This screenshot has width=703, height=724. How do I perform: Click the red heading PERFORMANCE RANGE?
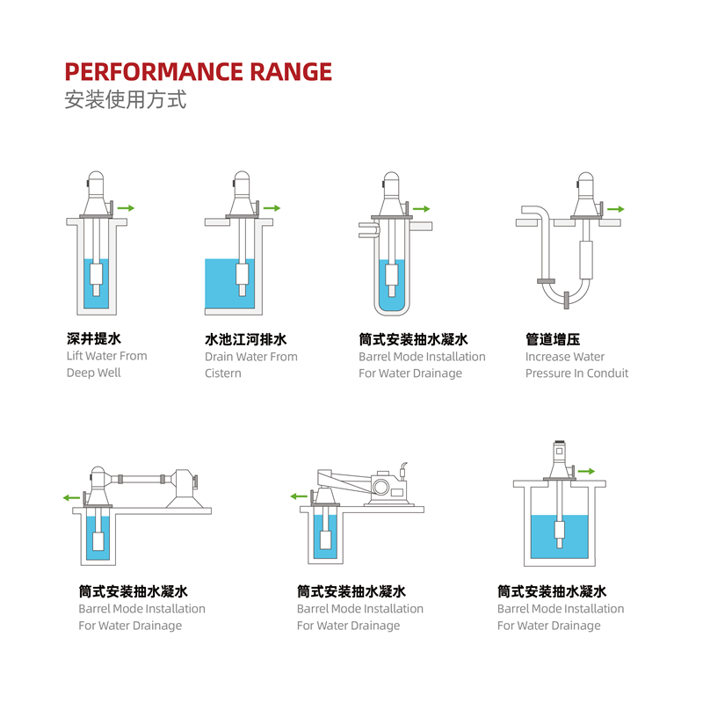coord(198,71)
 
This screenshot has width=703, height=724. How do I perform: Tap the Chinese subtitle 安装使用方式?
coord(125,100)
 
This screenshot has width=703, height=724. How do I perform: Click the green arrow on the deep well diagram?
coord(126,208)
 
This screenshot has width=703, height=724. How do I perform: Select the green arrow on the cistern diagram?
coord(272,208)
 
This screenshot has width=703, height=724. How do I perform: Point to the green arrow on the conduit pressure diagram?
coord(616,209)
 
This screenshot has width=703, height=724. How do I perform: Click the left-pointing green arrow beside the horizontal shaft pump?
coord(71,497)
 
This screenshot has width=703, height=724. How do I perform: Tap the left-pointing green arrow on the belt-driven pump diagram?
coord(299,496)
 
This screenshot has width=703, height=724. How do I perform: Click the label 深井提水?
coord(94,338)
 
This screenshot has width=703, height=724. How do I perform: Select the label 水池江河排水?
coord(246,339)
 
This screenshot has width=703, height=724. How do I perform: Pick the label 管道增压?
coord(553,339)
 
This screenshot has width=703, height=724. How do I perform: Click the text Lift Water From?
coord(106,356)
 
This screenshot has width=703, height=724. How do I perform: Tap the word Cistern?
coord(223,373)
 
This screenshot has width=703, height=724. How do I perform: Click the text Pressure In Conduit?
coord(577,373)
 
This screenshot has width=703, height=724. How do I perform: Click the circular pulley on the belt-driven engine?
coord(381,487)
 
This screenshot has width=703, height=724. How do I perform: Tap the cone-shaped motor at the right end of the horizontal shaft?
coord(184,489)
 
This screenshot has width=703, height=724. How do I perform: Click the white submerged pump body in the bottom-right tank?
coord(560,527)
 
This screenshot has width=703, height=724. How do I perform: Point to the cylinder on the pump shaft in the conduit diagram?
coord(585,260)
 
